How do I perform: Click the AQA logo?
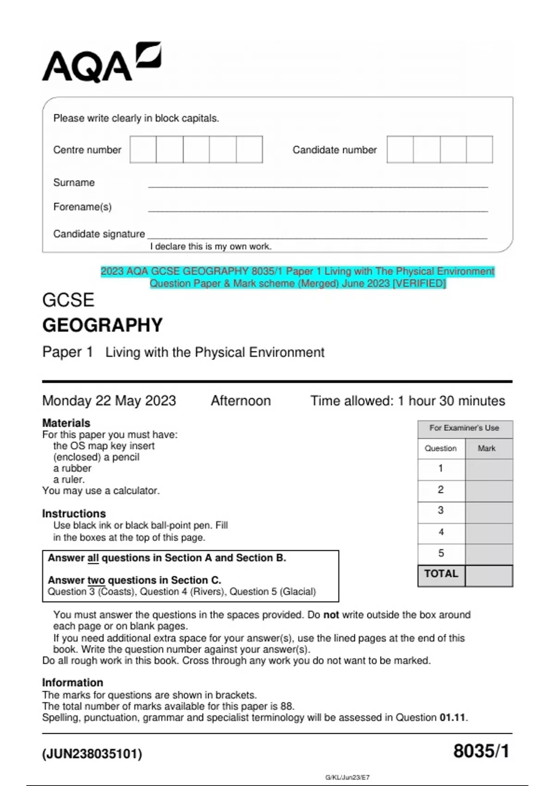101,63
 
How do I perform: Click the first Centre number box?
143,149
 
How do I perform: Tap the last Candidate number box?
479,149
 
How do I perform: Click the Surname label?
74,183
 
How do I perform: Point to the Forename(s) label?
82,207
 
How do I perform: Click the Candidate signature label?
99,234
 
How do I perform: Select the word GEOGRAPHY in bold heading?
102,325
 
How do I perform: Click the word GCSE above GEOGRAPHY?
68,300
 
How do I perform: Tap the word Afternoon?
240,400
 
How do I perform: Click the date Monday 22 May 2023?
109,400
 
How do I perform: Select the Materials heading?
66,423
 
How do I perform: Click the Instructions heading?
74,513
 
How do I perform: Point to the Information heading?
72,682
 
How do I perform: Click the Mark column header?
486,448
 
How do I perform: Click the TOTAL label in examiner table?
441,574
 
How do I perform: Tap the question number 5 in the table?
441,553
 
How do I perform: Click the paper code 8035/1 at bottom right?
481,751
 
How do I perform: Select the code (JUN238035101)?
92,754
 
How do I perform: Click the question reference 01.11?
452,718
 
